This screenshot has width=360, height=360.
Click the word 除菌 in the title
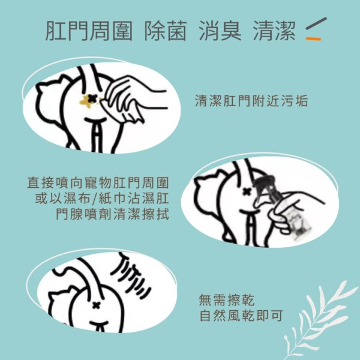click(166, 31)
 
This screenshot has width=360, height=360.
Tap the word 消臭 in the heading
click(220, 31)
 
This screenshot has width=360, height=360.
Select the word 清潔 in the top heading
click(274, 31)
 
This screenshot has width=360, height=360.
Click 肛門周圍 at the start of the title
click(89, 31)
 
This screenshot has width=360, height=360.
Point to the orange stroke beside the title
click(313, 39)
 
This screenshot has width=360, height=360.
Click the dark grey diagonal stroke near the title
click(316, 23)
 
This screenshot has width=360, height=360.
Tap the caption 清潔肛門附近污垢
click(251, 101)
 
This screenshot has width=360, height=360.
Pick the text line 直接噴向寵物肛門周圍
click(98, 183)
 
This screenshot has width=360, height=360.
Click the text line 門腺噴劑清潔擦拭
click(113, 214)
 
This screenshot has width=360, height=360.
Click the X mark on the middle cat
click(247, 191)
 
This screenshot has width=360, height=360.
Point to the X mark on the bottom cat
click(96, 305)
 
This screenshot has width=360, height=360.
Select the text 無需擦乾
click(227, 300)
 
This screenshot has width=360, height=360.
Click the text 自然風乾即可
click(241, 316)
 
